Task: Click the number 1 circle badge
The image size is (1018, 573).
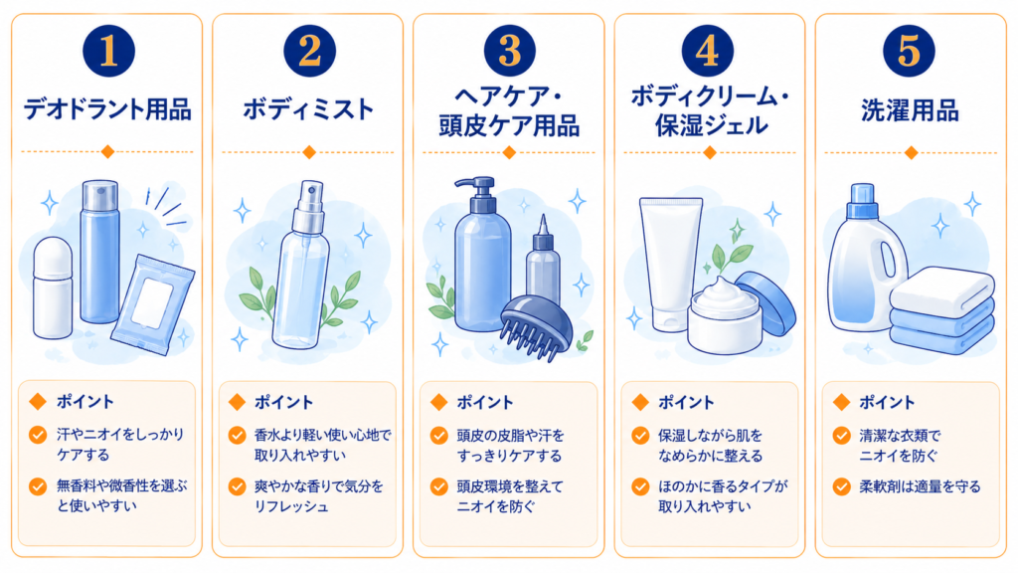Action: click(x=108, y=51)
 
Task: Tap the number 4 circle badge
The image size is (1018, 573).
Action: click(x=708, y=51)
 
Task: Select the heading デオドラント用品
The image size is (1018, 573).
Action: click(x=107, y=109)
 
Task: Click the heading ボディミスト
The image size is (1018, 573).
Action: click(x=308, y=109)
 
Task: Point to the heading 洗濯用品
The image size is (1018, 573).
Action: click(x=911, y=110)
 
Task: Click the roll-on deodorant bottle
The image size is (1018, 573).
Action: click(x=53, y=287)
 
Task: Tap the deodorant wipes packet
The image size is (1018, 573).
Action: click(x=153, y=304)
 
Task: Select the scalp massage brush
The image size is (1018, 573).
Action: click(x=536, y=326)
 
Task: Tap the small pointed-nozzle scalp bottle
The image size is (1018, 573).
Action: click(x=543, y=261)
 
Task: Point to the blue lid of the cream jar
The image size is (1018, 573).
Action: click(x=766, y=301)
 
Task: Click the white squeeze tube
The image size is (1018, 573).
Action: click(x=670, y=264)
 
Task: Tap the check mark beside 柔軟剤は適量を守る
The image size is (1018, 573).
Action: click(x=842, y=486)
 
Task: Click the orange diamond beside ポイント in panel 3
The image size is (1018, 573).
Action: click(x=439, y=402)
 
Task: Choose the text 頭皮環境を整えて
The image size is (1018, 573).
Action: click(x=510, y=486)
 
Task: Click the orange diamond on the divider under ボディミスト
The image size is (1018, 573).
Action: click(x=309, y=152)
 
